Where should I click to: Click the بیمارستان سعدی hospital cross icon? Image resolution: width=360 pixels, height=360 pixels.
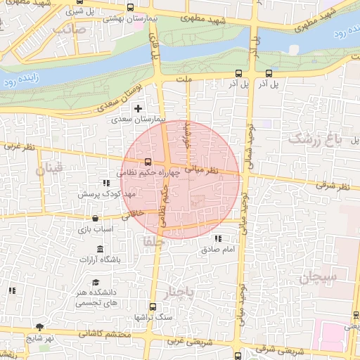(x=138, y=109)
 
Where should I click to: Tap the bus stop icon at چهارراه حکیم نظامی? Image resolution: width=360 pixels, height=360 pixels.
(x=147, y=162)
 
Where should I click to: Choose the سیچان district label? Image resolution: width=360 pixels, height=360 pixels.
(x=318, y=277)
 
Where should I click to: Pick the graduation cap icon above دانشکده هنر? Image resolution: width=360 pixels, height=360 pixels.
(x=95, y=283)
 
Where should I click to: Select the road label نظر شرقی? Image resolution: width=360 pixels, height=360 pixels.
(x=332, y=186)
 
